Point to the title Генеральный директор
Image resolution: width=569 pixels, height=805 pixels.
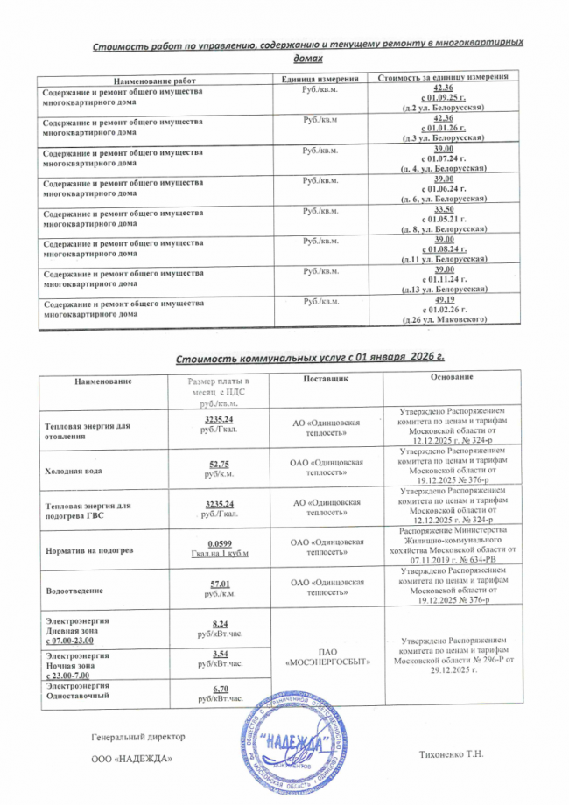coord(131,725)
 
